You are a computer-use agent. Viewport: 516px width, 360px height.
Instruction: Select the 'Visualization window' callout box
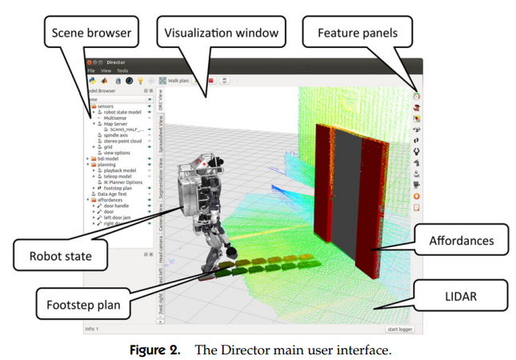coord(222,33)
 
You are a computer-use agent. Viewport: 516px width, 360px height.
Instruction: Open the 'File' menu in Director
coord(91,70)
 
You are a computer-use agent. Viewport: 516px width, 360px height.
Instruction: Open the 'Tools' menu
coord(122,70)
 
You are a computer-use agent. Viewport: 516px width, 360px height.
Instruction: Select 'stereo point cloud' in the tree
coord(122,141)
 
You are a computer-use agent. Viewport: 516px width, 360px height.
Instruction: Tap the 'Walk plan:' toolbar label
coord(179,80)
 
